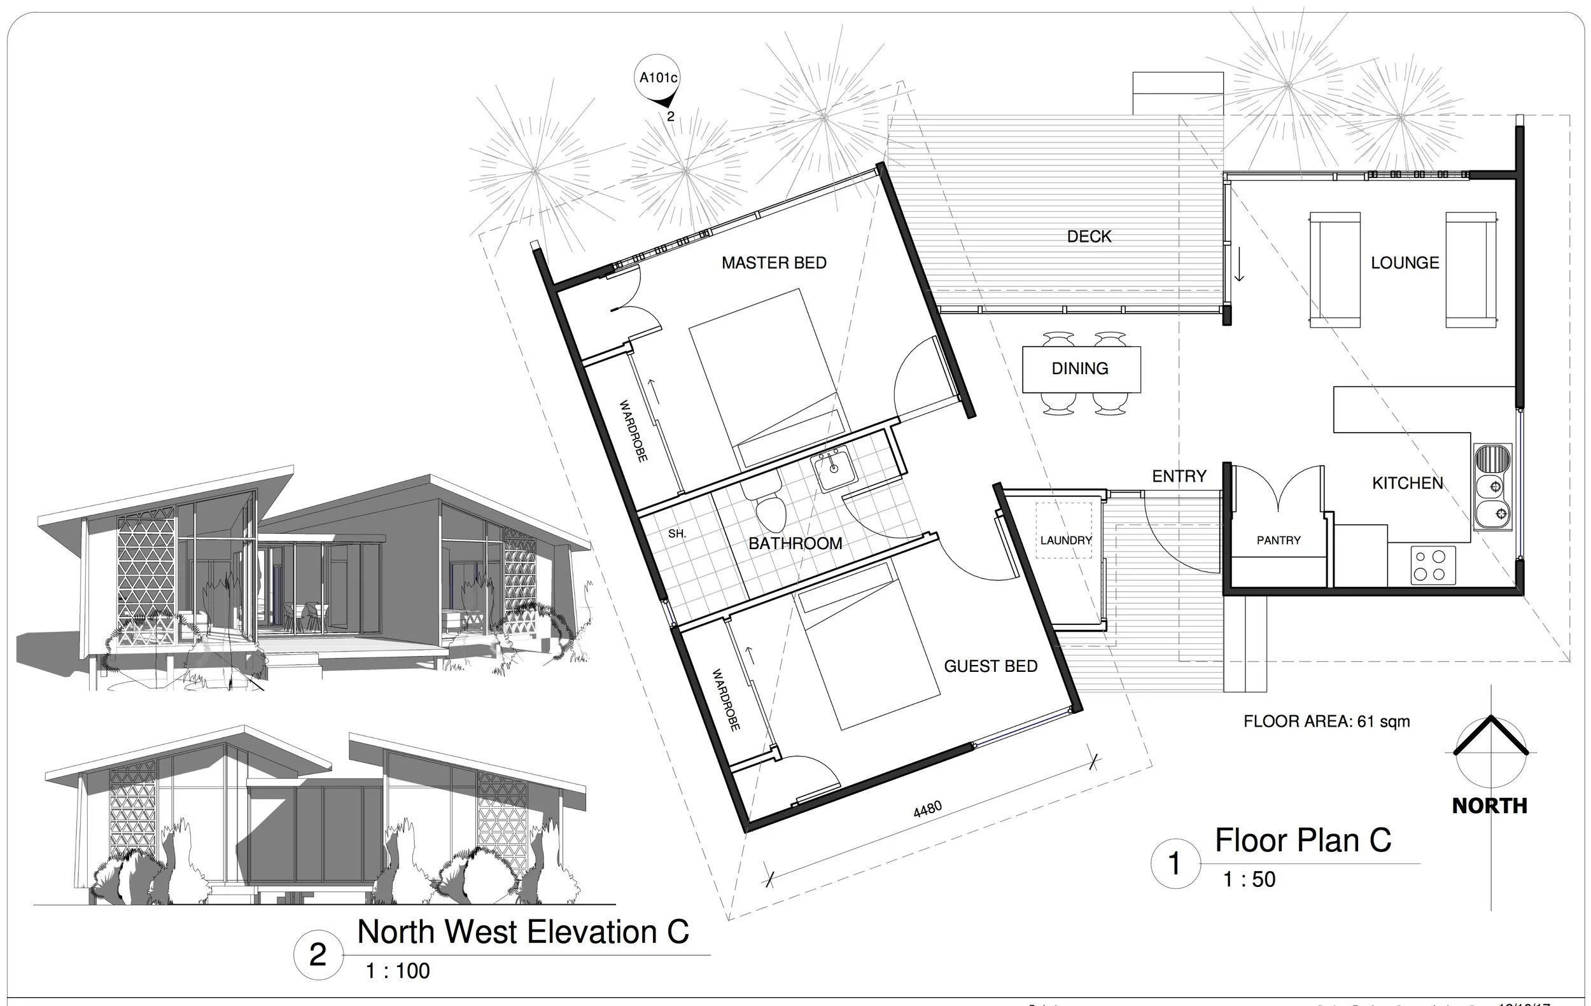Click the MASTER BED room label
(774, 263)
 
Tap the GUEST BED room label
(990, 666)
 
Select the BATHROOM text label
(795, 543)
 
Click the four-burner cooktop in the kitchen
(1433, 566)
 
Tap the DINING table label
(1079, 368)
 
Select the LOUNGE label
(1405, 263)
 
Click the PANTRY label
(1278, 540)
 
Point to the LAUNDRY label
(1065, 540)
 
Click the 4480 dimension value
(927, 809)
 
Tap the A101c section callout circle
(657, 78)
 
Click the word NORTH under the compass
(1489, 806)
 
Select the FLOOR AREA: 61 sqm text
(1326, 722)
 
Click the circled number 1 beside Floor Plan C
(1174, 863)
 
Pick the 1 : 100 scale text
(398, 970)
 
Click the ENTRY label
(1179, 476)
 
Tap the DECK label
(1089, 237)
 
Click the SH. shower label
(676, 534)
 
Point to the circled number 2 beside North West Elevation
(318, 955)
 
